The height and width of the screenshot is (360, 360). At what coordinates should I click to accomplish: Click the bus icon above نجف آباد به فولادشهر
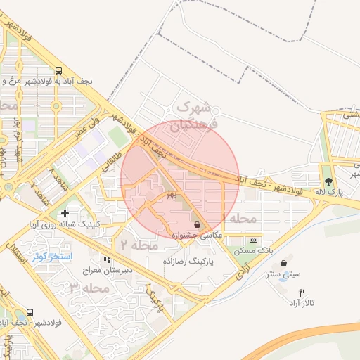(58, 70)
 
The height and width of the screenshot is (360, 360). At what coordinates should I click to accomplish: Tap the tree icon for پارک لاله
(328, 167)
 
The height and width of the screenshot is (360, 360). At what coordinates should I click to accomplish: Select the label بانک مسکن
(256, 250)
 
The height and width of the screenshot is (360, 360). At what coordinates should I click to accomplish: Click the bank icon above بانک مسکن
(254, 239)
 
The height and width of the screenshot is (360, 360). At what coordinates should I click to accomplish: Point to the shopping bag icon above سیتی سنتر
(283, 264)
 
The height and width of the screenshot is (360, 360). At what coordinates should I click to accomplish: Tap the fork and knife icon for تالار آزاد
(302, 292)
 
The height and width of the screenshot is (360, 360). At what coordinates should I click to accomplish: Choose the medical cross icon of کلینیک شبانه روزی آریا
(65, 212)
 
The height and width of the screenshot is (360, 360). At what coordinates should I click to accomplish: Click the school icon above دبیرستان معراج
(107, 259)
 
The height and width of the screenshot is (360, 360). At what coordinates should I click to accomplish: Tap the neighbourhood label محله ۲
(136, 245)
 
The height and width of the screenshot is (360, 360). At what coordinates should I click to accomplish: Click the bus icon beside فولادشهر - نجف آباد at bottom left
(30, 312)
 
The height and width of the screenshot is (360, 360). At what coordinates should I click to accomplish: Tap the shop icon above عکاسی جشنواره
(196, 225)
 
